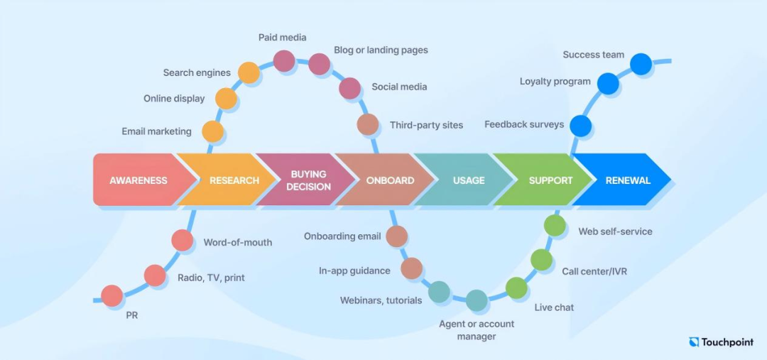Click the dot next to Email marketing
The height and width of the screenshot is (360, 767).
(213, 131)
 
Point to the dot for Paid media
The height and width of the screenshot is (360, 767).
(283, 61)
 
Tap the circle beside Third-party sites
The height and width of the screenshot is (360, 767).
(368, 124)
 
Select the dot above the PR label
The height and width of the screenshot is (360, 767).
(112, 296)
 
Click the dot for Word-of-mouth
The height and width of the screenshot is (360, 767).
(183, 241)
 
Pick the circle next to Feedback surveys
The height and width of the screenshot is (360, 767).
(581, 126)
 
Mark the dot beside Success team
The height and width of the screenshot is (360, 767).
(641, 64)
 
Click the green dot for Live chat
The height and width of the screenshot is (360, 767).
(516, 288)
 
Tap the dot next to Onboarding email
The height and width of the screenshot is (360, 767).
(397, 236)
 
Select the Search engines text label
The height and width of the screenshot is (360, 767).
(197, 73)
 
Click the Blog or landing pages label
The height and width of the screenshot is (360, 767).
(381, 50)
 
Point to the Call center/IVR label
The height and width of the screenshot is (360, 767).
(594, 271)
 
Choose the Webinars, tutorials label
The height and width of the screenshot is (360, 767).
(381, 300)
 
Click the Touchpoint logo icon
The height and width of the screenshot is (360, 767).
(694, 342)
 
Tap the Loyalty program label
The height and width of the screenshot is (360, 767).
(555, 81)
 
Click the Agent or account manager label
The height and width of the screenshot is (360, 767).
(477, 330)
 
